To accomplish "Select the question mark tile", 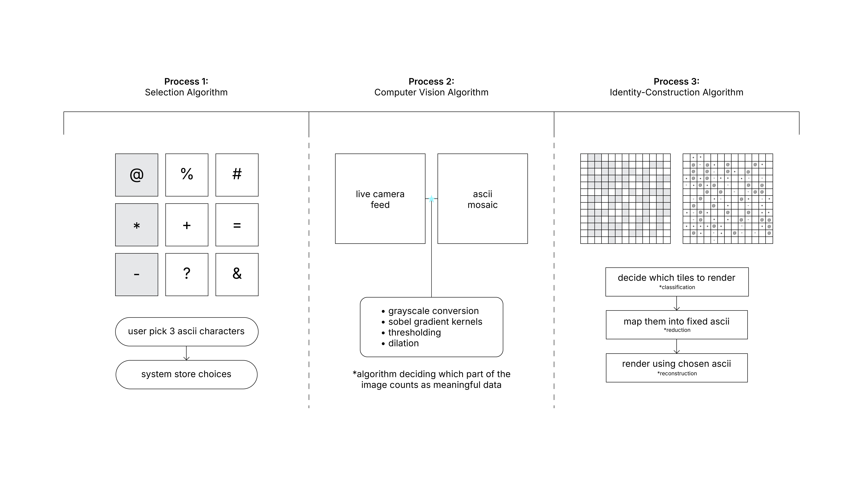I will (x=187, y=275).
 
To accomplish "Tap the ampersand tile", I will (x=237, y=275).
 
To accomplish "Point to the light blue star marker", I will (x=431, y=199).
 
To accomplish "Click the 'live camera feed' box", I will (x=380, y=199).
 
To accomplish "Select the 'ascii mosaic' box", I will (x=482, y=199).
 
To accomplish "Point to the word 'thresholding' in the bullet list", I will (x=414, y=332).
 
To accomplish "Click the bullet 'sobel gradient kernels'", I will (x=435, y=322).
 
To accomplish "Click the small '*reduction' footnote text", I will (x=677, y=330).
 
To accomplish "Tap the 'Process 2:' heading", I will (x=431, y=81).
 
